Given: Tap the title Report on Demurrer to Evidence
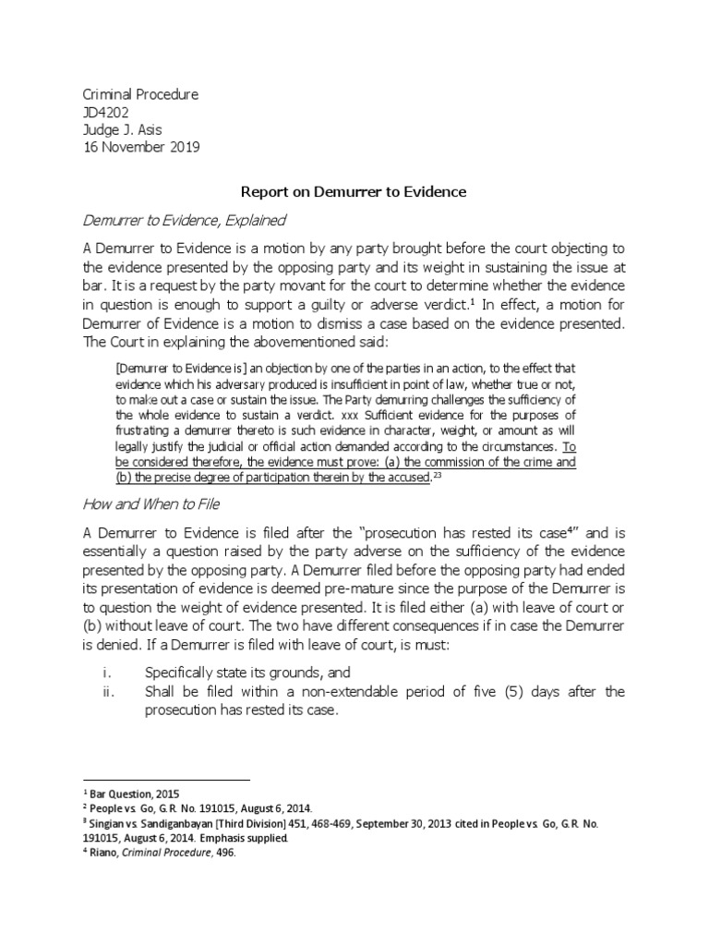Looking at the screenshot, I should click(354, 192).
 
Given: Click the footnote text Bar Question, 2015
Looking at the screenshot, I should click(136, 794).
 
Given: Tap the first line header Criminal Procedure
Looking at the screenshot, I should click(140, 95).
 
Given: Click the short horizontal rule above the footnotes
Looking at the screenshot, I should click(167, 780).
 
